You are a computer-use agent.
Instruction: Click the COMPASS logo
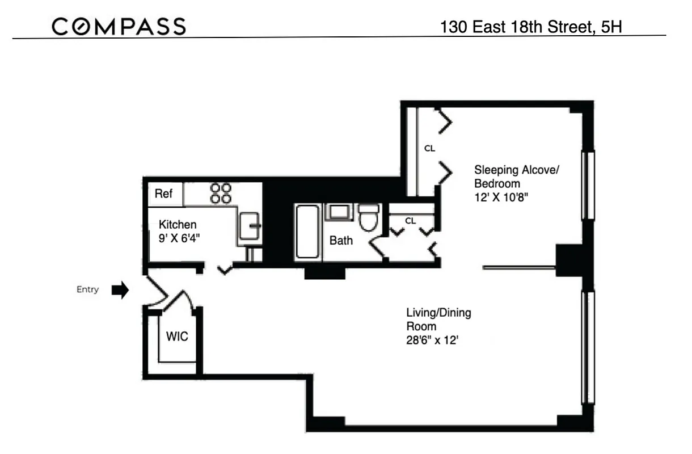coord(119,26)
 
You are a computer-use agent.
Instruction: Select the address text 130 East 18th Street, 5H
coord(532,27)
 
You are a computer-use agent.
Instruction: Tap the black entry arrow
coord(120,290)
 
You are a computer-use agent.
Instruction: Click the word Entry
coord(87,289)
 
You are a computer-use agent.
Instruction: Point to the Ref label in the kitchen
coord(163,194)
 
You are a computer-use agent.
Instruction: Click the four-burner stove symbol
coord(221,193)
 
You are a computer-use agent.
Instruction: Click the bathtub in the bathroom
coord(307,233)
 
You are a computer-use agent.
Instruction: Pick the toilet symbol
coord(369,218)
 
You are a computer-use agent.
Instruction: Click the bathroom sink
coord(339,213)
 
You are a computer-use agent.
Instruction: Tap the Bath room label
coord(341,241)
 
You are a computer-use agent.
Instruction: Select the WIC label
coord(176,337)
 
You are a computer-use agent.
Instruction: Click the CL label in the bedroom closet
coord(429,149)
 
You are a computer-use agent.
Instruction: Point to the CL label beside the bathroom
coord(411,221)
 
